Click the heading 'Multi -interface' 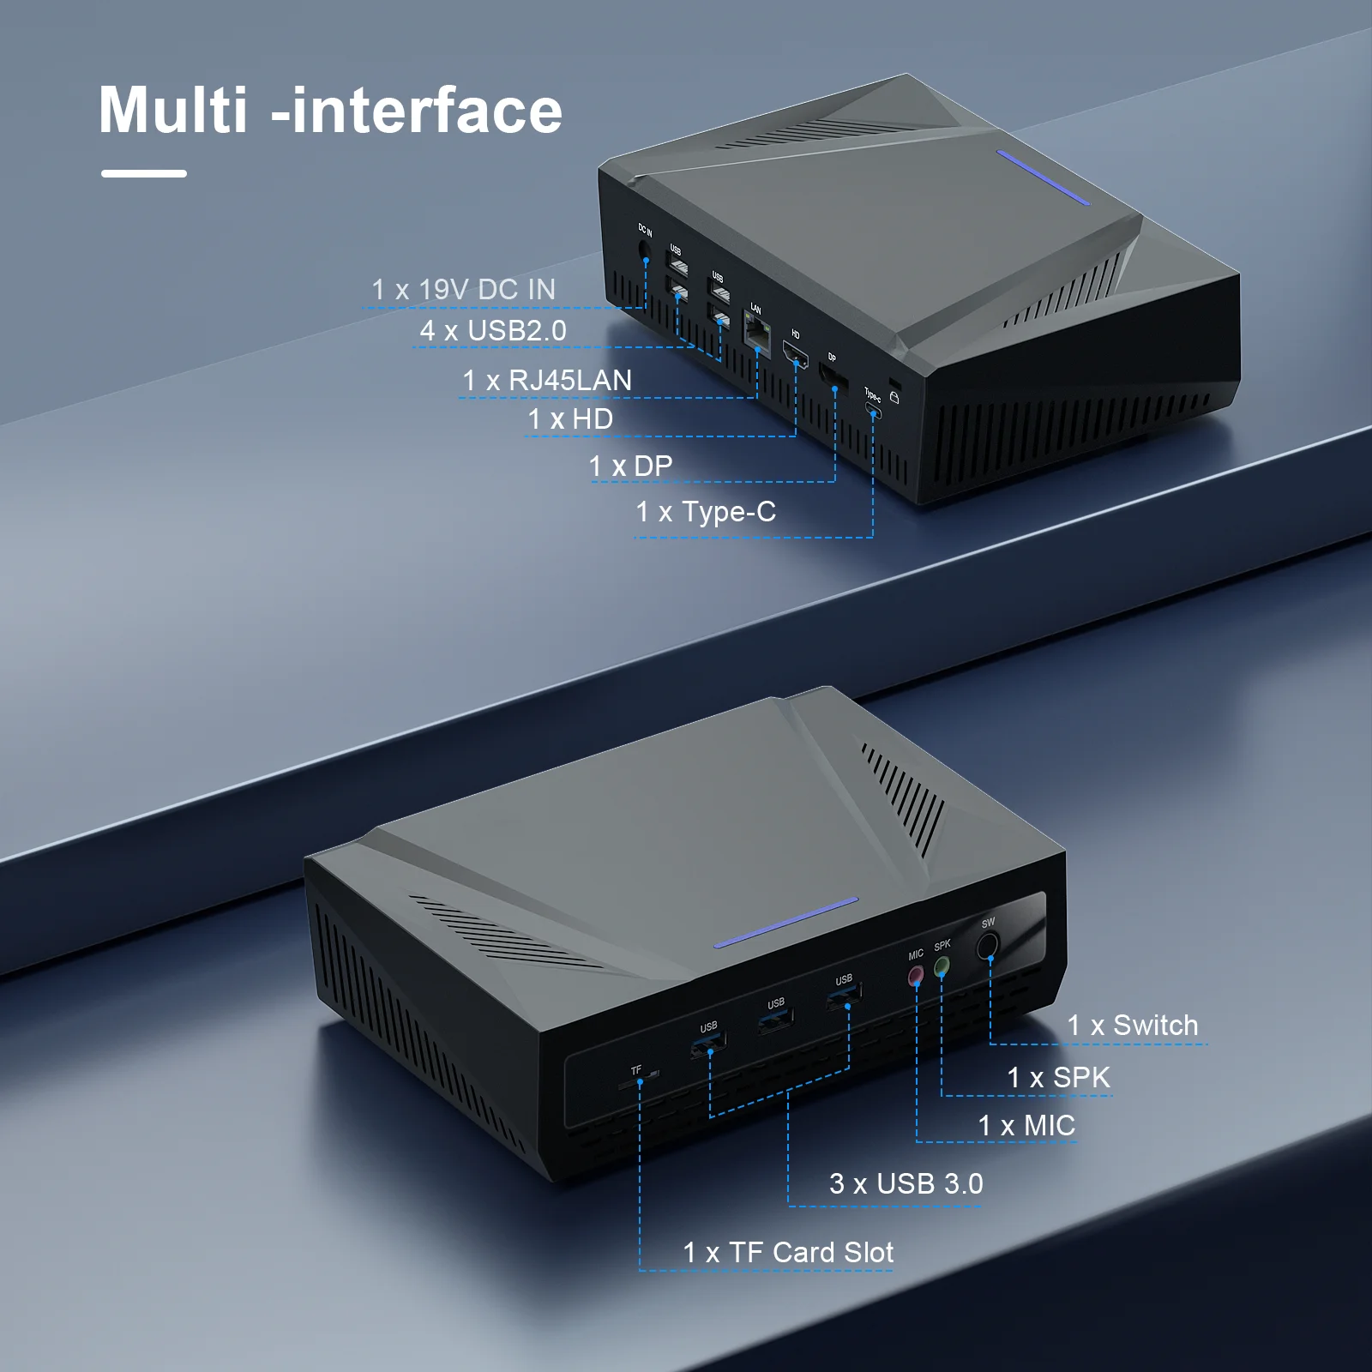tap(330, 111)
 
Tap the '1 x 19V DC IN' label tap(463, 290)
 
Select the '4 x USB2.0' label tap(493, 330)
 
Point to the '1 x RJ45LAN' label tap(547, 380)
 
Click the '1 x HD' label tap(570, 419)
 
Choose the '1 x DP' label tap(630, 466)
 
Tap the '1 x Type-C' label tap(706, 512)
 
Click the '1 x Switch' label tap(1132, 1025)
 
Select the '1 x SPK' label tap(1058, 1077)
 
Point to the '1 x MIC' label tap(1026, 1125)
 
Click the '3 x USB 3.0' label tap(906, 1183)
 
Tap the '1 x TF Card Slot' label tap(788, 1252)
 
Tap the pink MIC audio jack tap(916, 975)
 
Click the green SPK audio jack tap(942, 966)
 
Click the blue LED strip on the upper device tap(1043, 178)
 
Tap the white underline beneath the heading tap(143, 173)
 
